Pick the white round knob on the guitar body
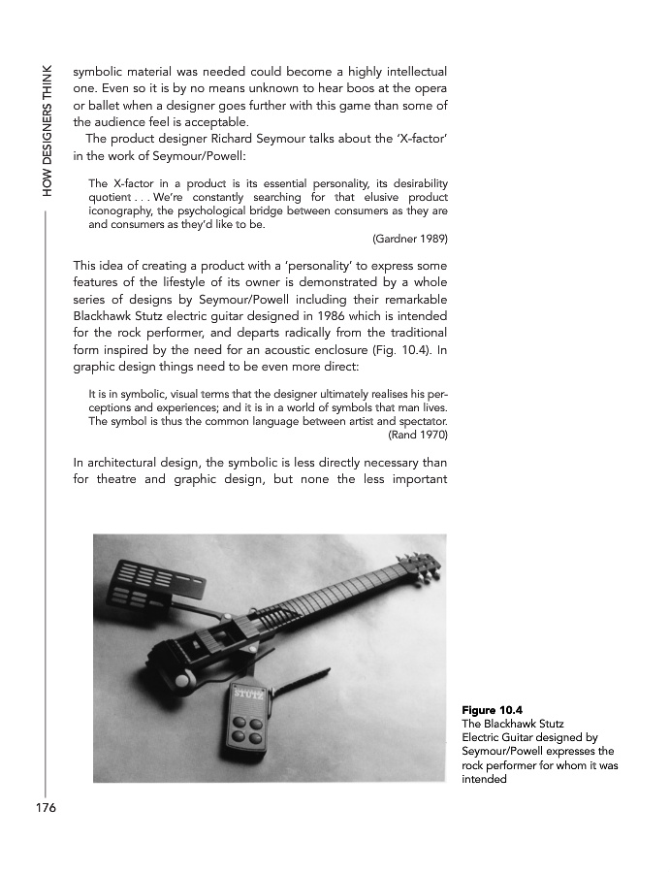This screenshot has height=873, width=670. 181,682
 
